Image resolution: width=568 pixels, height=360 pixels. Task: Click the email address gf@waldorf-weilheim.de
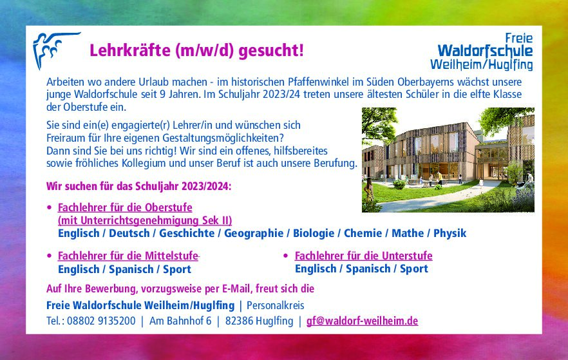[x=362, y=321]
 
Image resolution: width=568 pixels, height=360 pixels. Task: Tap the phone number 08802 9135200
[x=101, y=321]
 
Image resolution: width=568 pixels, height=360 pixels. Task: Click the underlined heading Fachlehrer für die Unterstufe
[x=363, y=256]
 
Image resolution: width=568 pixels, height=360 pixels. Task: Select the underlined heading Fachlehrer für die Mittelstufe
[x=128, y=256]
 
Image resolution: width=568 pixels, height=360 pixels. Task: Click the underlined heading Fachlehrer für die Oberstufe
[x=125, y=207]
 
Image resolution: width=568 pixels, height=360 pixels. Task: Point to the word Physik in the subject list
[x=450, y=234]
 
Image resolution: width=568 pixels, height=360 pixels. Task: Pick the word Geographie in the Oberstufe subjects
[x=254, y=234]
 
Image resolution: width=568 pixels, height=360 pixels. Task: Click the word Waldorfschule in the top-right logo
[x=485, y=51]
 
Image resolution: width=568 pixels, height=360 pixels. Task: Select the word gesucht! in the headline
[x=271, y=51]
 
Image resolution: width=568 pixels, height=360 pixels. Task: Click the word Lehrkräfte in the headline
[x=130, y=50]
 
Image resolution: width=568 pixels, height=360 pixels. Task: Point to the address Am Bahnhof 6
[x=180, y=321]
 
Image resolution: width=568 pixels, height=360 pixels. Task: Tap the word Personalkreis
[x=276, y=306]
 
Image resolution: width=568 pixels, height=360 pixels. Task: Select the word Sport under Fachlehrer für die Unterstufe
[x=413, y=269]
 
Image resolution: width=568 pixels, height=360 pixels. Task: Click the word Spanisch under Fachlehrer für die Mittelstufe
[x=131, y=270]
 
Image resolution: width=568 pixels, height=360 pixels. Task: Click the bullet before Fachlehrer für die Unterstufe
[x=286, y=256]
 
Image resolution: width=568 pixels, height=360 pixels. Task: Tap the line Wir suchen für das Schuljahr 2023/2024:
[x=138, y=187]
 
